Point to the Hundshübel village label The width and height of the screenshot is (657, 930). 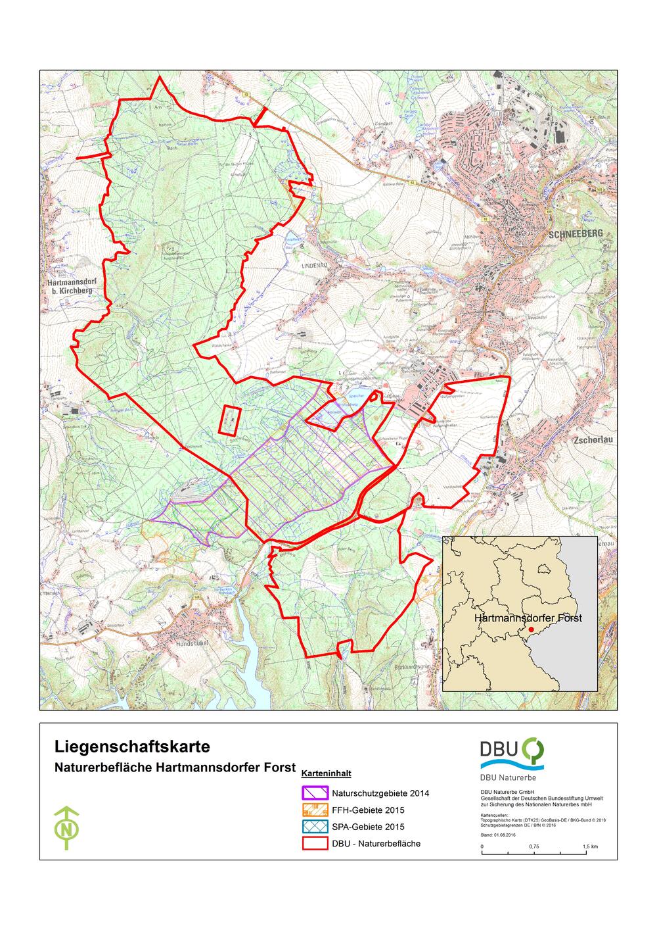tap(195, 644)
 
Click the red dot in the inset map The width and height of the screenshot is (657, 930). tap(531, 629)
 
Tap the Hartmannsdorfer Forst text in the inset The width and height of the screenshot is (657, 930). tap(528, 618)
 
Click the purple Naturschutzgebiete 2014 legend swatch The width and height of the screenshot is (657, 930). tap(314, 793)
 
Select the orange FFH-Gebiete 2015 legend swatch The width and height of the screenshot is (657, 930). tap(314, 810)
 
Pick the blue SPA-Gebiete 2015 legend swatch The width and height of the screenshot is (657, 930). tap(314, 827)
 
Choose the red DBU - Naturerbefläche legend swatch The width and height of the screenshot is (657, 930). tap(314, 843)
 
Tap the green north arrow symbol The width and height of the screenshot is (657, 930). tap(66, 827)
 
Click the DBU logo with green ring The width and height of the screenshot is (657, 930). tap(512, 753)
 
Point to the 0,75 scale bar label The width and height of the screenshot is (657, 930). tap(533, 846)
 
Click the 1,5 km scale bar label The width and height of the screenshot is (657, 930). tap(589, 846)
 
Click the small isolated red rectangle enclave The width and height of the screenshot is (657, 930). tap(229, 420)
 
